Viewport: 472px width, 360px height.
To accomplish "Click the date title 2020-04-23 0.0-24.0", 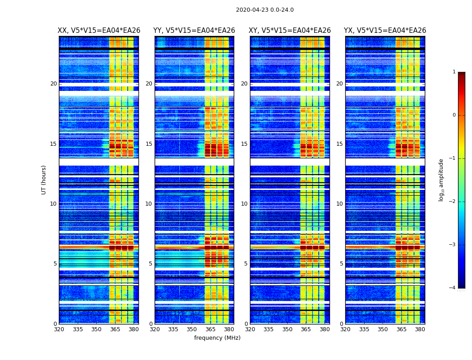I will tap(265, 10).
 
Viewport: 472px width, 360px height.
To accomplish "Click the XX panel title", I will tap(99, 31).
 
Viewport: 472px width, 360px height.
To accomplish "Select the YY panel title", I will tap(194, 31).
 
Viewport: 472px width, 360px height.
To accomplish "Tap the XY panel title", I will tap(290, 31).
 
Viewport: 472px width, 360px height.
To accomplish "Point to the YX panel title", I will tap(385, 31).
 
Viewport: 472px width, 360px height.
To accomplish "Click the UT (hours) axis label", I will tap(44, 180).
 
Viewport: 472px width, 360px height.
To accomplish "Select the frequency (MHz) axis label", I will tap(217, 338).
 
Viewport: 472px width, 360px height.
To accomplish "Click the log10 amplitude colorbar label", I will tap(441, 180).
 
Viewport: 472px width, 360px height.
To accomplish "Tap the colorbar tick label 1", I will tap(454, 72).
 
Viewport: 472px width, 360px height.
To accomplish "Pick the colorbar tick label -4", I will tap(453, 288).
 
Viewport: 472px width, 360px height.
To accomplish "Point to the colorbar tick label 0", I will tap(454, 115).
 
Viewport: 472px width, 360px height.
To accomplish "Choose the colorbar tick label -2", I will tap(453, 202).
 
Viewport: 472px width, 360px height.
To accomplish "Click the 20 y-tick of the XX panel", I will tap(53, 84).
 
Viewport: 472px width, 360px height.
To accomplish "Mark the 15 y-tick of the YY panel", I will tap(149, 144).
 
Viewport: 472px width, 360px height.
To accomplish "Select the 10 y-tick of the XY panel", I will tap(244, 204).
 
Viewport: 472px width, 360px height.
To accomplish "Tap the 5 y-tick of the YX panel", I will tap(341, 264).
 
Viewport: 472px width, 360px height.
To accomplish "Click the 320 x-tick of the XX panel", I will tap(59, 329).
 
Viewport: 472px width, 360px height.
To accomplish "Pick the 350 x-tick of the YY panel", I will tap(192, 329).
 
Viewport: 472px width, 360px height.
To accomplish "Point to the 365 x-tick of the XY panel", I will tap(306, 329).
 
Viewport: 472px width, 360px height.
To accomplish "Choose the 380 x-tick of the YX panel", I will tap(420, 329).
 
